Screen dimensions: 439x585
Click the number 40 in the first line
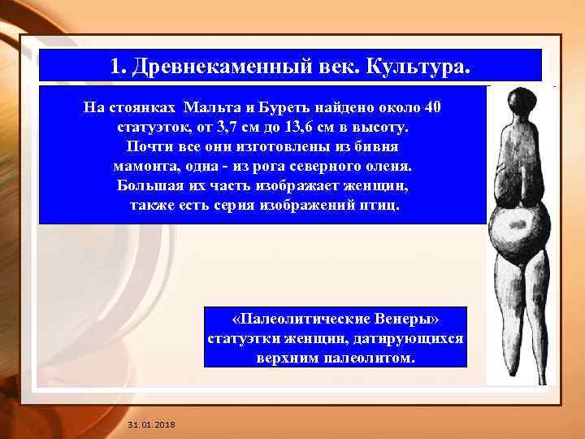pos(433,108)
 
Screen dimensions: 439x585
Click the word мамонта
pos(145,166)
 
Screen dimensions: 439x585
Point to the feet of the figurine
pos(520,370)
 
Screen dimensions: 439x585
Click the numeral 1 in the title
pos(116,65)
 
